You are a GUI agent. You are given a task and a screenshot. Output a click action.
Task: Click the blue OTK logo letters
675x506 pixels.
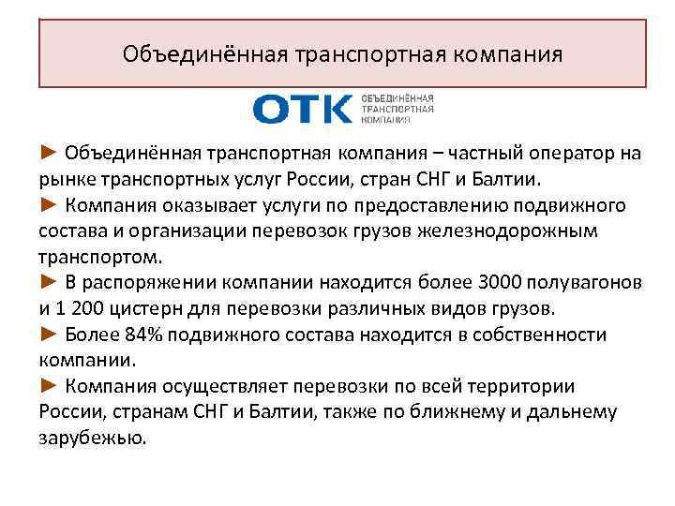[x=301, y=110]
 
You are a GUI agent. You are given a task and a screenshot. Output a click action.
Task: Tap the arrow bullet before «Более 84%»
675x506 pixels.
[x=51, y=335]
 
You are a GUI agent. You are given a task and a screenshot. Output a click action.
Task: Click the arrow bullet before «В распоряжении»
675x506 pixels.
[x=51, y=283]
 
